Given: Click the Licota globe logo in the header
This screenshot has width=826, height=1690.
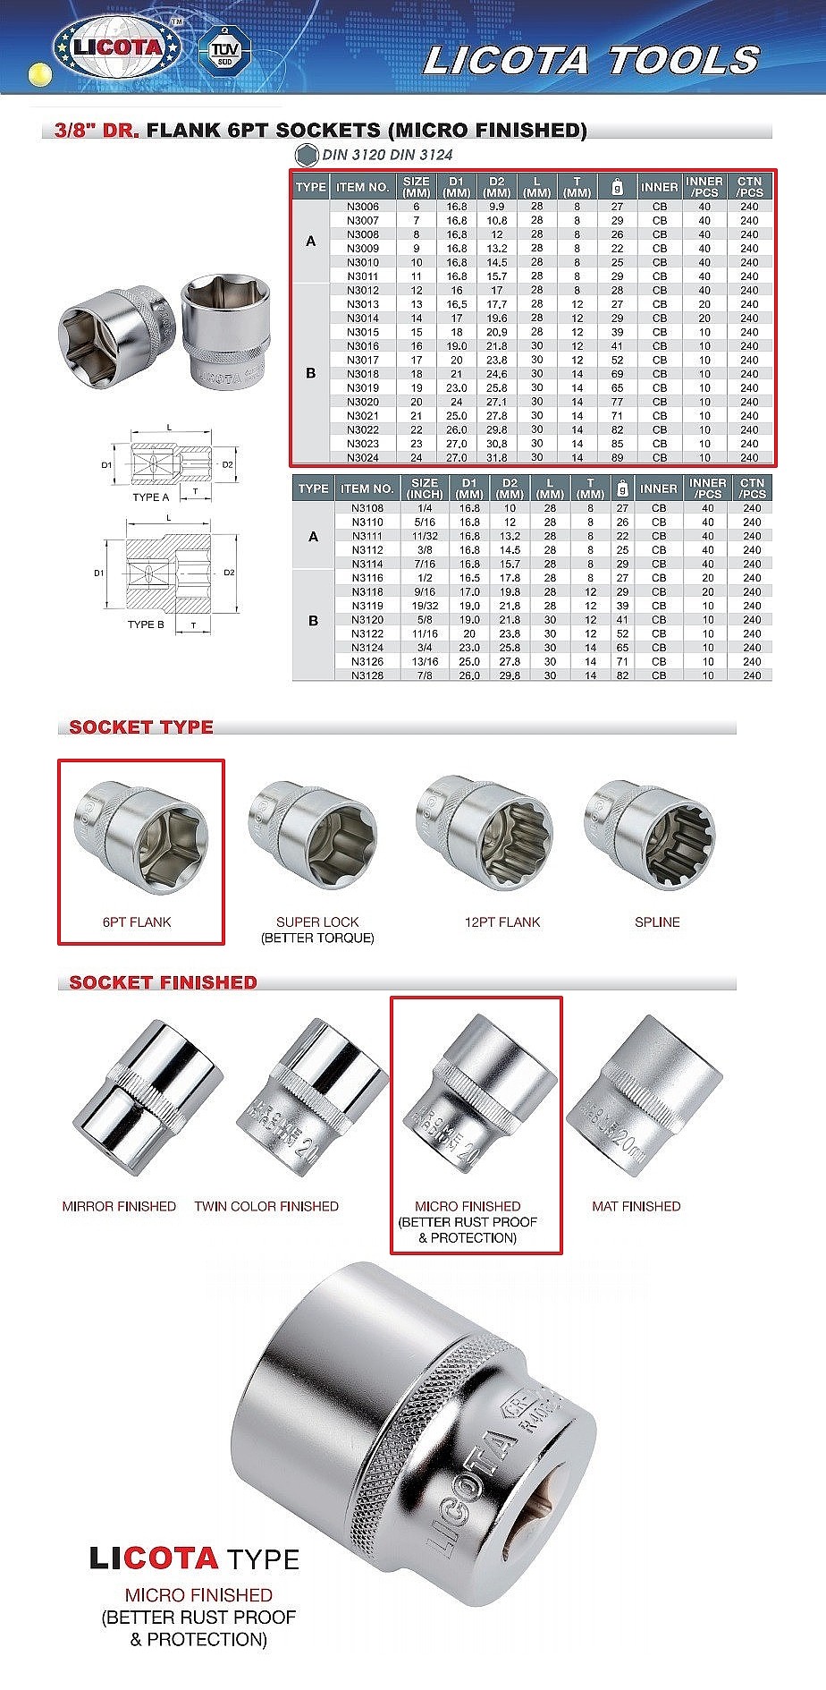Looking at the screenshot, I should click(117, 47).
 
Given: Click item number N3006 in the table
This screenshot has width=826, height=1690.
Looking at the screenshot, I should click(362, 207).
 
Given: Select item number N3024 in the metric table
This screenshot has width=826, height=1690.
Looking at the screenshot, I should click(362, 457).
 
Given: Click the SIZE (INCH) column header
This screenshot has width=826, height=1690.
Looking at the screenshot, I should click(425, 488).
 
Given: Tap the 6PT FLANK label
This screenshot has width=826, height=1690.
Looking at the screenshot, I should click(137, 921).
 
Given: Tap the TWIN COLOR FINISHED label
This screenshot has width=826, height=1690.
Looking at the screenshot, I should click(266, 1206).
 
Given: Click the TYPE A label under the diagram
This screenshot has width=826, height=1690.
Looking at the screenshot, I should click(150, 497).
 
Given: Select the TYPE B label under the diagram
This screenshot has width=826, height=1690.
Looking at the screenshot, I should click(146, 624).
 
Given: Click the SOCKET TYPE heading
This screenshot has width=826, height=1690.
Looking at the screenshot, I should click(141, 726).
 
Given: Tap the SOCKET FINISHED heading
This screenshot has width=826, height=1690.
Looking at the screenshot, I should click(163, 982).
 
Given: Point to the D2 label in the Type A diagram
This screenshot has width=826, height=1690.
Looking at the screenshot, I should click(228, 464).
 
